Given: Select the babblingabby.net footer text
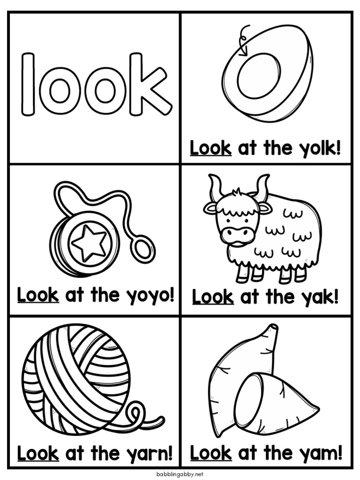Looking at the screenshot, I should (180, 473).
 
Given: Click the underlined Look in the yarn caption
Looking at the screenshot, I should (38, 453).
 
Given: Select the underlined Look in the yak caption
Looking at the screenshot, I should (213, 297).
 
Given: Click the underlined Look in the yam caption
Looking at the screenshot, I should (211, 453).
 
